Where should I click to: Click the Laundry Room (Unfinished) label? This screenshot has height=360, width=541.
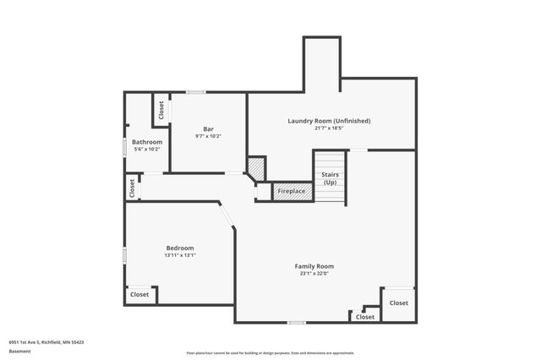click(329, 121)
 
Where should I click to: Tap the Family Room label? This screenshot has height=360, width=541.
click(314, 266)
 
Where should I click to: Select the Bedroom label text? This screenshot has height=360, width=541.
click(179, 248)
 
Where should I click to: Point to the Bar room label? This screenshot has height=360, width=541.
click(208, 128)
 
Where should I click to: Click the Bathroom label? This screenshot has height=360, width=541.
click(146, 141)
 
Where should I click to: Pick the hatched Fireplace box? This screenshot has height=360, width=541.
click(292, 192)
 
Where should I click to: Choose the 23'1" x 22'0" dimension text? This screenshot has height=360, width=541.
click(314, 274)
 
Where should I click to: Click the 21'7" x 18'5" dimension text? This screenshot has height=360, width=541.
click(329, 128)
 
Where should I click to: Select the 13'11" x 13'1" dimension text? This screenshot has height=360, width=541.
click(179, 255)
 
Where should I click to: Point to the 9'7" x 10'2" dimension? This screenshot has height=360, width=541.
click(208, 136)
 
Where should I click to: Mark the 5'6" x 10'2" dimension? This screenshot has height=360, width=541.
click(146, 149)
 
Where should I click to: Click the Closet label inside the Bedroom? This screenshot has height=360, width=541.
click(139, 294)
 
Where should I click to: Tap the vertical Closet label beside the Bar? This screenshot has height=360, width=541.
click(161, 110)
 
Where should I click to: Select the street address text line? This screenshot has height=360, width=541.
click(46, 342)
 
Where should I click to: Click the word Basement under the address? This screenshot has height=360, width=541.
click(19, 352)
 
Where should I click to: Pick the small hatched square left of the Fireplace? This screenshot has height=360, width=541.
click(257, 168)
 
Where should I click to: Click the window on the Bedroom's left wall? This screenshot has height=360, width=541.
click(125, 254)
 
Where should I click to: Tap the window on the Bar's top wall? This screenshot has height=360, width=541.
click(196, 92)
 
